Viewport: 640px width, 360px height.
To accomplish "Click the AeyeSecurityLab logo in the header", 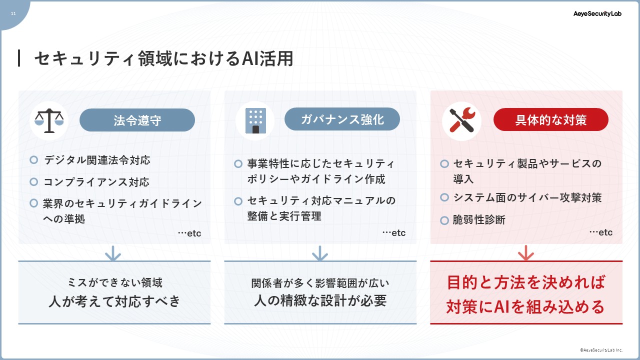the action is point(597,13).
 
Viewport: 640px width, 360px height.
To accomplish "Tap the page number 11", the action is point(13,13).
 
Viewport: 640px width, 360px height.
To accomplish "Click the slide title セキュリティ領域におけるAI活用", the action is point(164,58).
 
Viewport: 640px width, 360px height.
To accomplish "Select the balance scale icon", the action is point(49,120).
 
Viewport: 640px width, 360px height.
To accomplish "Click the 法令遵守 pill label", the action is point(137,120).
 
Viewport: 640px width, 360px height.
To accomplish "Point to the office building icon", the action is point(255,120).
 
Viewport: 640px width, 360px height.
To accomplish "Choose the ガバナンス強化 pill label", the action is point(342,119).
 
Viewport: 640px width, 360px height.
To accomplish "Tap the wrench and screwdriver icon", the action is point(462,120).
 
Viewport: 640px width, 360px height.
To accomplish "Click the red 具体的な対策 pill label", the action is point(551,119).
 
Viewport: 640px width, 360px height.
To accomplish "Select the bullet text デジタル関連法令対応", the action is point(97,160).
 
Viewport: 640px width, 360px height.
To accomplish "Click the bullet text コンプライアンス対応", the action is point(96,182).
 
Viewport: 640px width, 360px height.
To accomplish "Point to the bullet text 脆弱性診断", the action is point(479,220).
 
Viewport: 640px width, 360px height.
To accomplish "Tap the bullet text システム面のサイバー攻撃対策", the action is point(527,197).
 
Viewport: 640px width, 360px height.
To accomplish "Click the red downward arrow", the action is point(525,253).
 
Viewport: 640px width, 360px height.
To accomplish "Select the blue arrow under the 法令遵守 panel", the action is point(113,253).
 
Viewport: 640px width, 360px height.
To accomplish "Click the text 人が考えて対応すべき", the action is point(114,301).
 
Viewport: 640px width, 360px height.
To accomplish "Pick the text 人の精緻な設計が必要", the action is point(320,300).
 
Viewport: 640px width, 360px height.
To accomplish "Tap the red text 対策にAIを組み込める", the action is point(525,307).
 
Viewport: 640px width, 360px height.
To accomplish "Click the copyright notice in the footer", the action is point(601,350).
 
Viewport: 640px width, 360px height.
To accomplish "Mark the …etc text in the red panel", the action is point(601,232).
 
